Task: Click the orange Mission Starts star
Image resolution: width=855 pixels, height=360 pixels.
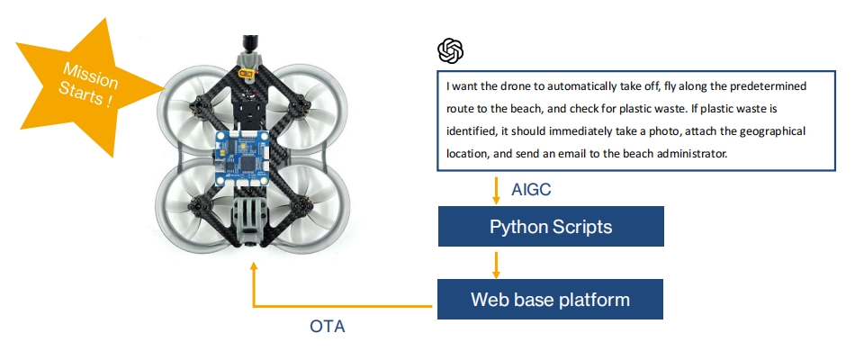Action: coord(87,87)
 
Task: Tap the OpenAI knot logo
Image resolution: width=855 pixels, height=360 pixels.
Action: coord(451,51)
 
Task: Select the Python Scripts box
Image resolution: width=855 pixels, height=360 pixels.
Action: coord(551,227)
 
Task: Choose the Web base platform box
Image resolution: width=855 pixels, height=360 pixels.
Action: coord(550,299)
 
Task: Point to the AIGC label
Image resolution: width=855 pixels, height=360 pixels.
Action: coord(531,189)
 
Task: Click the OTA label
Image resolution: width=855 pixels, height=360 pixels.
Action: coord(328,326)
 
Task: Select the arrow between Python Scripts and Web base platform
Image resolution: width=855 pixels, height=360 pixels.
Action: coord(496,265)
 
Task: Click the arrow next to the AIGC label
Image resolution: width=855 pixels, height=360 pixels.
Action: coord(496,191)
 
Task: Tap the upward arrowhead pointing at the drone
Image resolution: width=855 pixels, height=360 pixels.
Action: coord(253,266)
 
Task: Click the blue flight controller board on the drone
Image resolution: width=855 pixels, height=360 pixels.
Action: coord(242,158)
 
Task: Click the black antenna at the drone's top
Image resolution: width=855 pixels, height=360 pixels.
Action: coord(251,43)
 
